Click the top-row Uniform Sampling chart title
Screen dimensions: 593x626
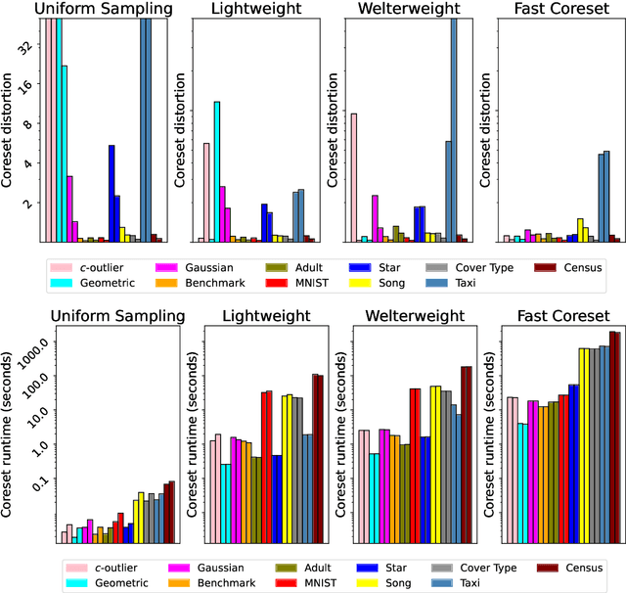(x=104, y=9)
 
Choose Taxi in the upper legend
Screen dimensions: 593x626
(x=466, y=283)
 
